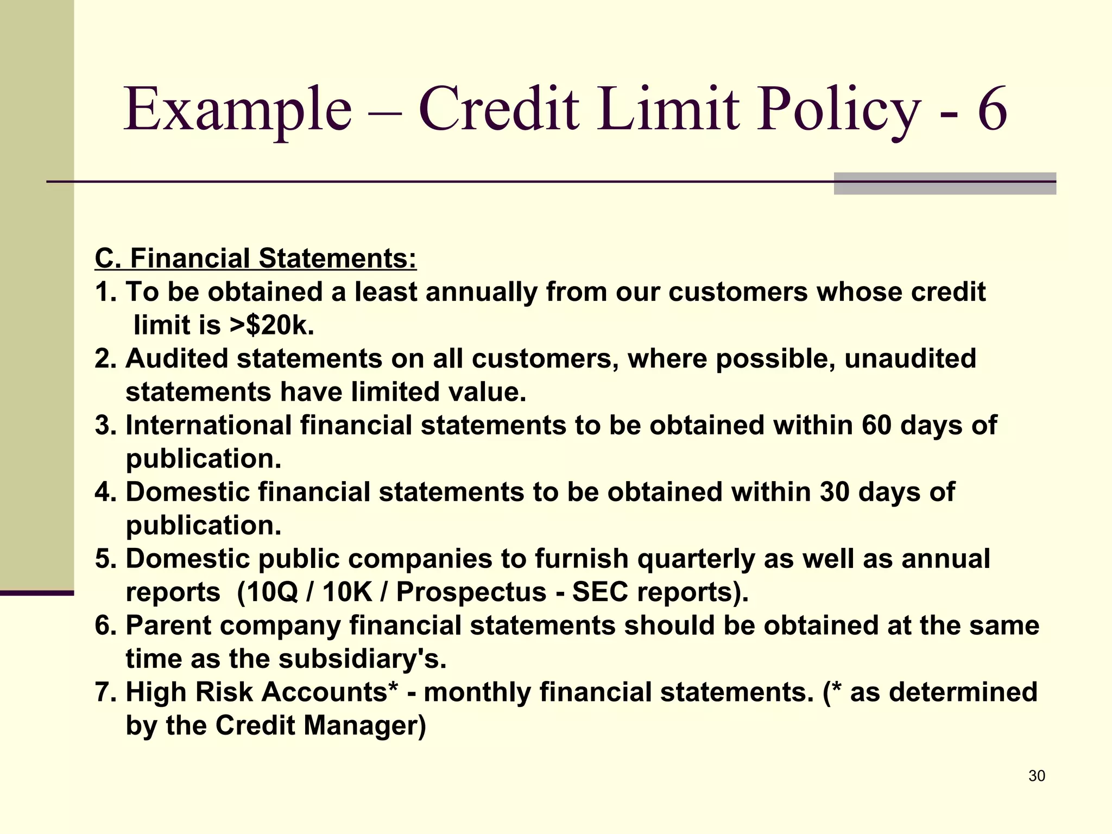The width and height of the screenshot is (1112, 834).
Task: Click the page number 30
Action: (1037, 776)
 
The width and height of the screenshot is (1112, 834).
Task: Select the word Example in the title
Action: (238, 110)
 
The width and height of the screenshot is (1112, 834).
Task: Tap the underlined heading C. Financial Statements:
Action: (256, 258)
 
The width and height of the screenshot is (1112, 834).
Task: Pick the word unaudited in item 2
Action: (910, 359)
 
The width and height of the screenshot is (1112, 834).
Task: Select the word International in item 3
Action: (209, 425)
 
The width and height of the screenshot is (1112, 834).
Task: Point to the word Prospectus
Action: (471, 592)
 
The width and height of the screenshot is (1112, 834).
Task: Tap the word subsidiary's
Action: (362, 659)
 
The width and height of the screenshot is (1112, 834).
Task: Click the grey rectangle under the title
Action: (944, 188)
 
